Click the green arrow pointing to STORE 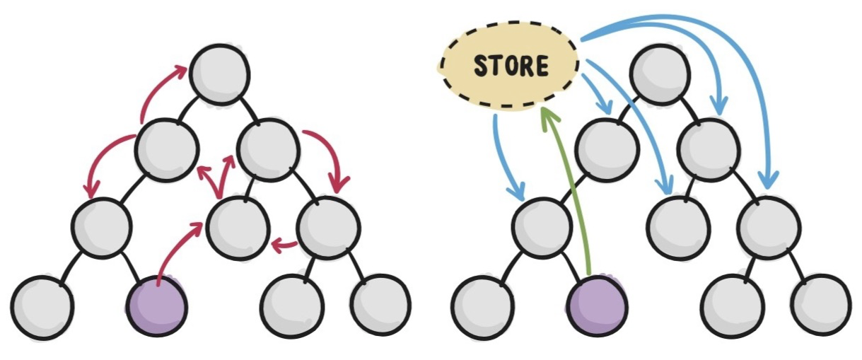click(566, 191)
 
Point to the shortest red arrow click(284, 245)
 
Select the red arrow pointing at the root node click(159, 88)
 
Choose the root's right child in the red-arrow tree click(267, 148)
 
